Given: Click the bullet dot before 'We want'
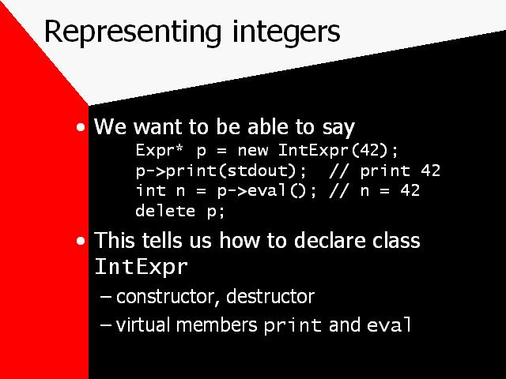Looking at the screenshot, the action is pos(81,127).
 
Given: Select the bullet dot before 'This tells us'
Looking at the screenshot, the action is pos(81,241).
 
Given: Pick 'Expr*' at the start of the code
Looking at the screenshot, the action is pos(159,150).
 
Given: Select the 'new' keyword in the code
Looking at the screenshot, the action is pos(253,151).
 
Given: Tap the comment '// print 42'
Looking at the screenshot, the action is pos(384,171).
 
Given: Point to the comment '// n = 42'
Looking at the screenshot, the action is pos(374,191).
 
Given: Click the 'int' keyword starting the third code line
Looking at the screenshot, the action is pos(151,190).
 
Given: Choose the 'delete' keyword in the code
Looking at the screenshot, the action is pos(165,211).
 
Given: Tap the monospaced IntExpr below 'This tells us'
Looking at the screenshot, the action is pos(141,267).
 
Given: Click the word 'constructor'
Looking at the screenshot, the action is pos(165,297).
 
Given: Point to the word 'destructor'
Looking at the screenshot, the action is pos(270,297).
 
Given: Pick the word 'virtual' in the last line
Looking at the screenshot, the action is pos(142,325).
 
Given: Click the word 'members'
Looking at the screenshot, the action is pos(217,325).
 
